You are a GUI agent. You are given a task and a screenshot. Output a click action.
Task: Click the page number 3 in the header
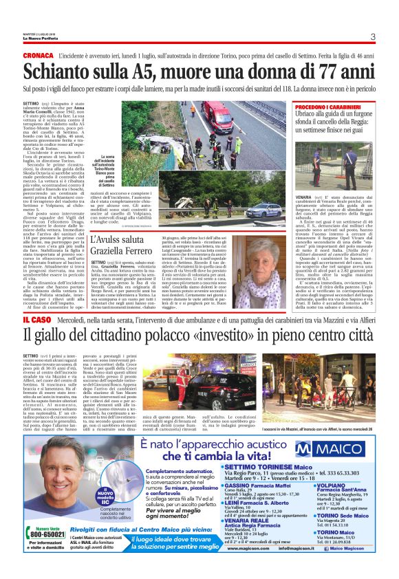point(371,36)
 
